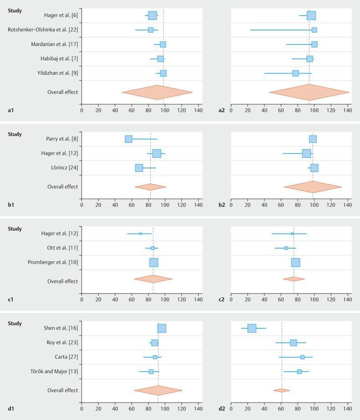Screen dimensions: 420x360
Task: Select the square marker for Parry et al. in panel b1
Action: [129, 139]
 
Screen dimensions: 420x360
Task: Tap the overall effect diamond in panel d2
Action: [282, 390]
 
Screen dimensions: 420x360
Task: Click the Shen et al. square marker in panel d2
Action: [252, 328]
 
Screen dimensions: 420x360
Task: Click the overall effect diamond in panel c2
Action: [294, 279]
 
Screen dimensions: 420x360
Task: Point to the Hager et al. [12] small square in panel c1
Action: [140, 233]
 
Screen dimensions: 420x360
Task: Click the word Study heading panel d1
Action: [15, 323]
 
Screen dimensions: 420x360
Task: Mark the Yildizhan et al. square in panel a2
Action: [296, 73]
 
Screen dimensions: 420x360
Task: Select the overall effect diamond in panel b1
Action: [150, 187]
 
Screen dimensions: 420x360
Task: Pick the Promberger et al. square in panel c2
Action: [296, 263]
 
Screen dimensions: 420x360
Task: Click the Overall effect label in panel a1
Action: [62, 92]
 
